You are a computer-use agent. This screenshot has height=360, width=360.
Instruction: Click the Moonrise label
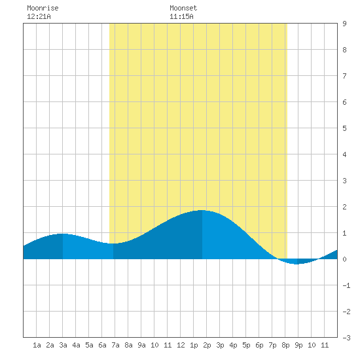pos(43,8)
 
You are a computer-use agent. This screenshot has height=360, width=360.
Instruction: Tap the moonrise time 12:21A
pos(39,16)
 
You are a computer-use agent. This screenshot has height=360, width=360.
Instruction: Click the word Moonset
pos(183,8)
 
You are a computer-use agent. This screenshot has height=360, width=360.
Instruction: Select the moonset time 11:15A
pos(181,16)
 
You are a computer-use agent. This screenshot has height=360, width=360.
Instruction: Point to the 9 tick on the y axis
pos(344,24)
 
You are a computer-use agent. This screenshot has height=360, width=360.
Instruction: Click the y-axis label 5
pos(344,128)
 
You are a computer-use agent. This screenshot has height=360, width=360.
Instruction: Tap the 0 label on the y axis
pos(344,259)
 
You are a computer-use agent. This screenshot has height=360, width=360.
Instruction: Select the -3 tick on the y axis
pos(346,338)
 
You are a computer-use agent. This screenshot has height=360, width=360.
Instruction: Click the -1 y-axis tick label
pos(346,285)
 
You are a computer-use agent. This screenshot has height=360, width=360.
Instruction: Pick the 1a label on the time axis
pos(37,345)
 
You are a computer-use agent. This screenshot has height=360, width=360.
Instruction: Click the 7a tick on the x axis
pos(115,345)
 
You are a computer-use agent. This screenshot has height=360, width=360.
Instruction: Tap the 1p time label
pos(194,345)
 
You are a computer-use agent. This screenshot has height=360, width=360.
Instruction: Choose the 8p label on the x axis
pos(285,345)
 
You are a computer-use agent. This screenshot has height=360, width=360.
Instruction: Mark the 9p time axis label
pos(298,345)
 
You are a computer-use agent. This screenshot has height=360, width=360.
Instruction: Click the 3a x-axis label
pos(63,345)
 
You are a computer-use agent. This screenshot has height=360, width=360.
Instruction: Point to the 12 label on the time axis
pos(181,345)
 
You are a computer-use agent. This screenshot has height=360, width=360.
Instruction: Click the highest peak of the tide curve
pos(202,210)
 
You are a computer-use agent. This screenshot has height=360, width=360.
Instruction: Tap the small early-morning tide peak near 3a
pos(62,234)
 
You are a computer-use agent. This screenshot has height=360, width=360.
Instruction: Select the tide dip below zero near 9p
pos(297,264)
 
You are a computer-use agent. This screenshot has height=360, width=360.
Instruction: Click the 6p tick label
pos(259,345)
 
